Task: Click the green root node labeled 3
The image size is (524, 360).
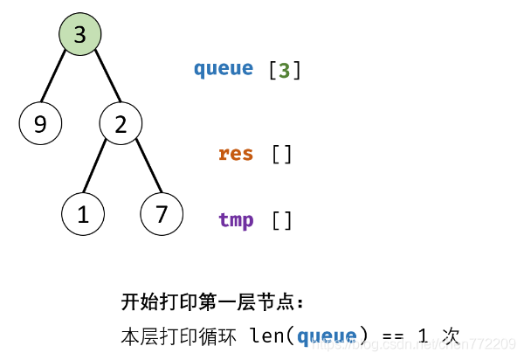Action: pyautogui.click(x=80, y=35)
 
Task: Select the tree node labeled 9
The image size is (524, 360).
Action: pyautogui.click(x=40, y=125)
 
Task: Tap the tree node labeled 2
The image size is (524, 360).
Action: pyautogui.click(x=121, y=125)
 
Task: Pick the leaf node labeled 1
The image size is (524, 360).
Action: pyautogui.click(x=83, y=215)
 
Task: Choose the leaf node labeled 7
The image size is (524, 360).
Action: pyautogui.click(x=162, y=215)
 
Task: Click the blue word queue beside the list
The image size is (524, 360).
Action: pyautogui.click(x=224, y=69)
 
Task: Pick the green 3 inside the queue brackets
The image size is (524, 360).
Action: pyautogui.click(x=285, y=70)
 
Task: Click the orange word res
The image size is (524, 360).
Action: pyautogui.click(x=236, y=155)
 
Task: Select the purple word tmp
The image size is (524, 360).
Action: pyautogui.click(x=236, y=220)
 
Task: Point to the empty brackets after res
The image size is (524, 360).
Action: pyautogui.click(x=282, y=155)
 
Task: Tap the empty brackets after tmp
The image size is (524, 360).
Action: pyautogui.click(x=282, y=220)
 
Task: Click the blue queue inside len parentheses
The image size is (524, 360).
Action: pyautogui.click(x=327, y=336)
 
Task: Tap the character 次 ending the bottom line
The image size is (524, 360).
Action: pyautogui.click(x=450, y=336)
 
